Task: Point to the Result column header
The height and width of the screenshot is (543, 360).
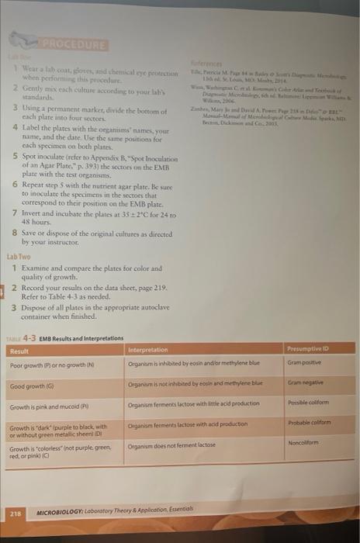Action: [x=19, y=351]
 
